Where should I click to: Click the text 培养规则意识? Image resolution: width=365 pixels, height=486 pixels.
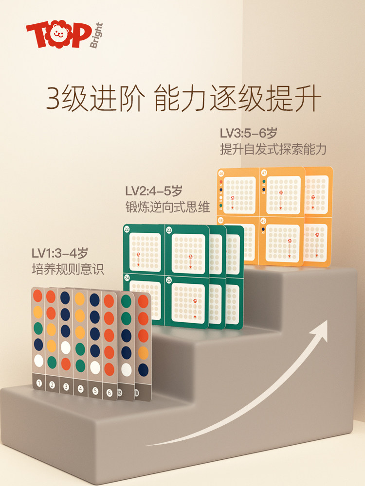pos(68,269)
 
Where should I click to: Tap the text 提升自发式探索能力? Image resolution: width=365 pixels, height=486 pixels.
pos(273,149)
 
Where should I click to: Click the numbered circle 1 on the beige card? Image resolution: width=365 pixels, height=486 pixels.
pos(38,384)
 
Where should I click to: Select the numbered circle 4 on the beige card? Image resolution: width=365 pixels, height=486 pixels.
pos(81,389)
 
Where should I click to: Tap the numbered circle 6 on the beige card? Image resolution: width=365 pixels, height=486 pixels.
pos(109,392)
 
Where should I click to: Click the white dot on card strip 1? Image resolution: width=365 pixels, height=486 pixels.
pos(38,360)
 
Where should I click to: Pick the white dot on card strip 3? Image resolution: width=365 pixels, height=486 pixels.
pos(66,347)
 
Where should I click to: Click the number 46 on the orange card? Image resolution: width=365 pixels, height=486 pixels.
pos(221,173)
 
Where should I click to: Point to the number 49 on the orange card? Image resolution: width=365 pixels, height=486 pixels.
pos(263,221)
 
